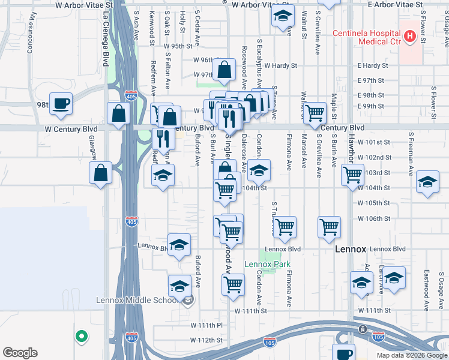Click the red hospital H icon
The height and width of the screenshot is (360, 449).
click(410, 37)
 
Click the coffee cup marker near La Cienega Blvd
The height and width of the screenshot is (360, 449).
click(61, 104)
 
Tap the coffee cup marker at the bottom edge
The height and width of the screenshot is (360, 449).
click(343, 354)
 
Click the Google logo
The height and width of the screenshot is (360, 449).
click(20, 353)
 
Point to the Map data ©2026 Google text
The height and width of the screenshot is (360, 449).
click(412, 355)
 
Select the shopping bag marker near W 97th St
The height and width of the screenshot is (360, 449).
click(224, 70)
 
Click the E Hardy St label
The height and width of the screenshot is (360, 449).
click(373, 65)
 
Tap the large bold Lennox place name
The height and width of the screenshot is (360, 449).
click(349, 249)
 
